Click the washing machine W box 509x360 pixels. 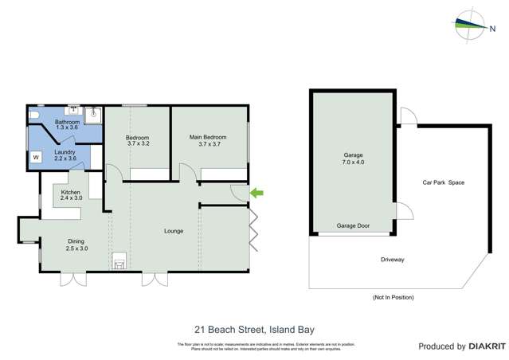(x=36, y=158)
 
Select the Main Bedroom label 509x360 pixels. (x=205, y=140)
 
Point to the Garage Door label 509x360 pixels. (x=353, y=226)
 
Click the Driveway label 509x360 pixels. (x=393, y=260)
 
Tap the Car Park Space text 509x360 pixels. (x=443, y=182)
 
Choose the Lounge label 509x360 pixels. (x=174, y=232)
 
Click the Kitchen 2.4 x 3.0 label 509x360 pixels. (x=71, y=196)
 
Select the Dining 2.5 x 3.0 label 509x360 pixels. (x=76, y=245)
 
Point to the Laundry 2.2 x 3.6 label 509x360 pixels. (x=65, y=155)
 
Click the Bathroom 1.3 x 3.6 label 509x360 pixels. (x=68, y=125)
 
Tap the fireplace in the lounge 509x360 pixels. (x=119, y=261)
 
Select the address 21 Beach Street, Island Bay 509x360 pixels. (x=254, y=327)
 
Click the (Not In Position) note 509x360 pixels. (x=393, y=297)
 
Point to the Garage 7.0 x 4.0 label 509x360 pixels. (x=353, y=158)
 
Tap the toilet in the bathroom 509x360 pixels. (x=36, y=116)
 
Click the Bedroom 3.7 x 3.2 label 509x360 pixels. (x=138, y=140)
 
